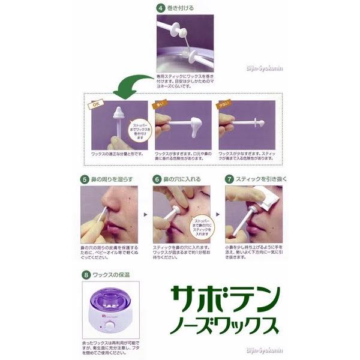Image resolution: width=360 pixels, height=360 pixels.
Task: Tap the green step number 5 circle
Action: coord(85,179)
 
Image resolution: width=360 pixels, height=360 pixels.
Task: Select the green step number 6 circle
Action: coord(157,179)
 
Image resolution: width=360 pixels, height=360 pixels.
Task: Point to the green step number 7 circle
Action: coord(230,179)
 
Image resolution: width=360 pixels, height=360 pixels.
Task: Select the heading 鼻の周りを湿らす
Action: coord(115,179)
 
